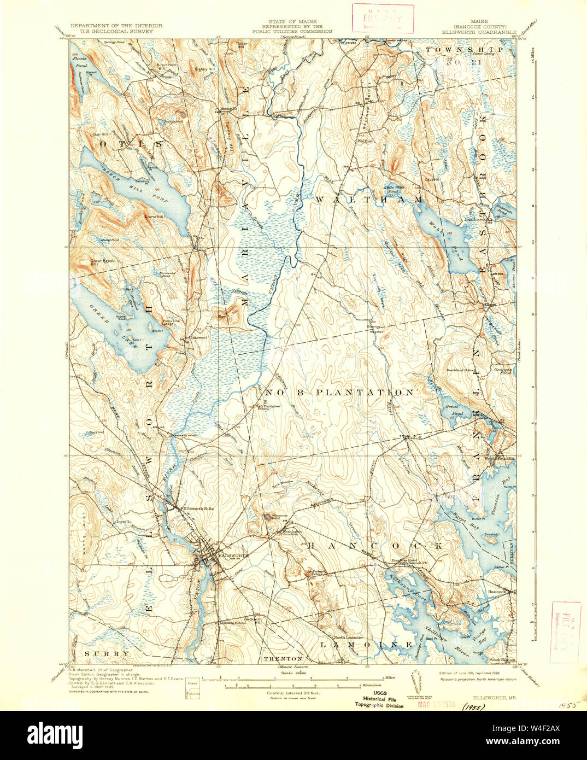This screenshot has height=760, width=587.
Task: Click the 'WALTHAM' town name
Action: pos(369,200)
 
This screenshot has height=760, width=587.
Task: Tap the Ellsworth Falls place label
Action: pos(198,508)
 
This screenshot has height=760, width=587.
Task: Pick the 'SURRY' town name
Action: pos(107,653)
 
